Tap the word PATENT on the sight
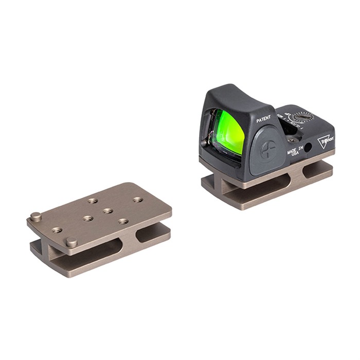point(264,120)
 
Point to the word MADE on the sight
point(293,146)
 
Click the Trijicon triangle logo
point(326,140)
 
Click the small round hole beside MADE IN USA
point(308,148)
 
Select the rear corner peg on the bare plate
point(35,216)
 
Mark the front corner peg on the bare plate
point(71,241)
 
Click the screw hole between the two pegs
point(57,230)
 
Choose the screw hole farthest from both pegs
point(138,199)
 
